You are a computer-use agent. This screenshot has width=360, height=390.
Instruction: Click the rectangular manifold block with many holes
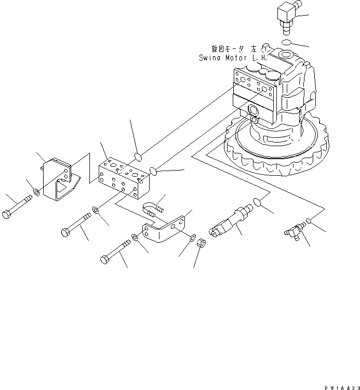[123, 177]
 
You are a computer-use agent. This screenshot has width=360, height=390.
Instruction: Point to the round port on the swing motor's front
[255, 110]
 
